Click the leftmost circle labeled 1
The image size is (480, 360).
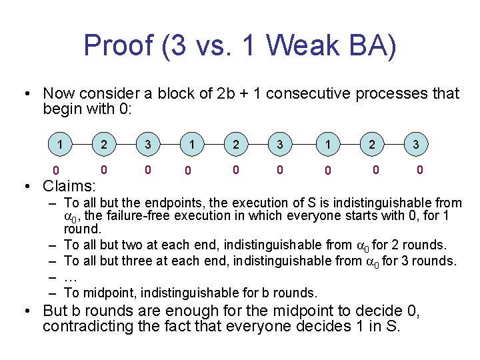[x=61, y=144]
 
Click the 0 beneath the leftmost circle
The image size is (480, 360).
[x=57, y=172]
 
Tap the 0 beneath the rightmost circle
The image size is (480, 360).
[x=419, y=170]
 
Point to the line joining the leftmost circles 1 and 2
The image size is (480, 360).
[x=82, y=144]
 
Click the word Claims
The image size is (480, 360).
[x=69, y=185]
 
